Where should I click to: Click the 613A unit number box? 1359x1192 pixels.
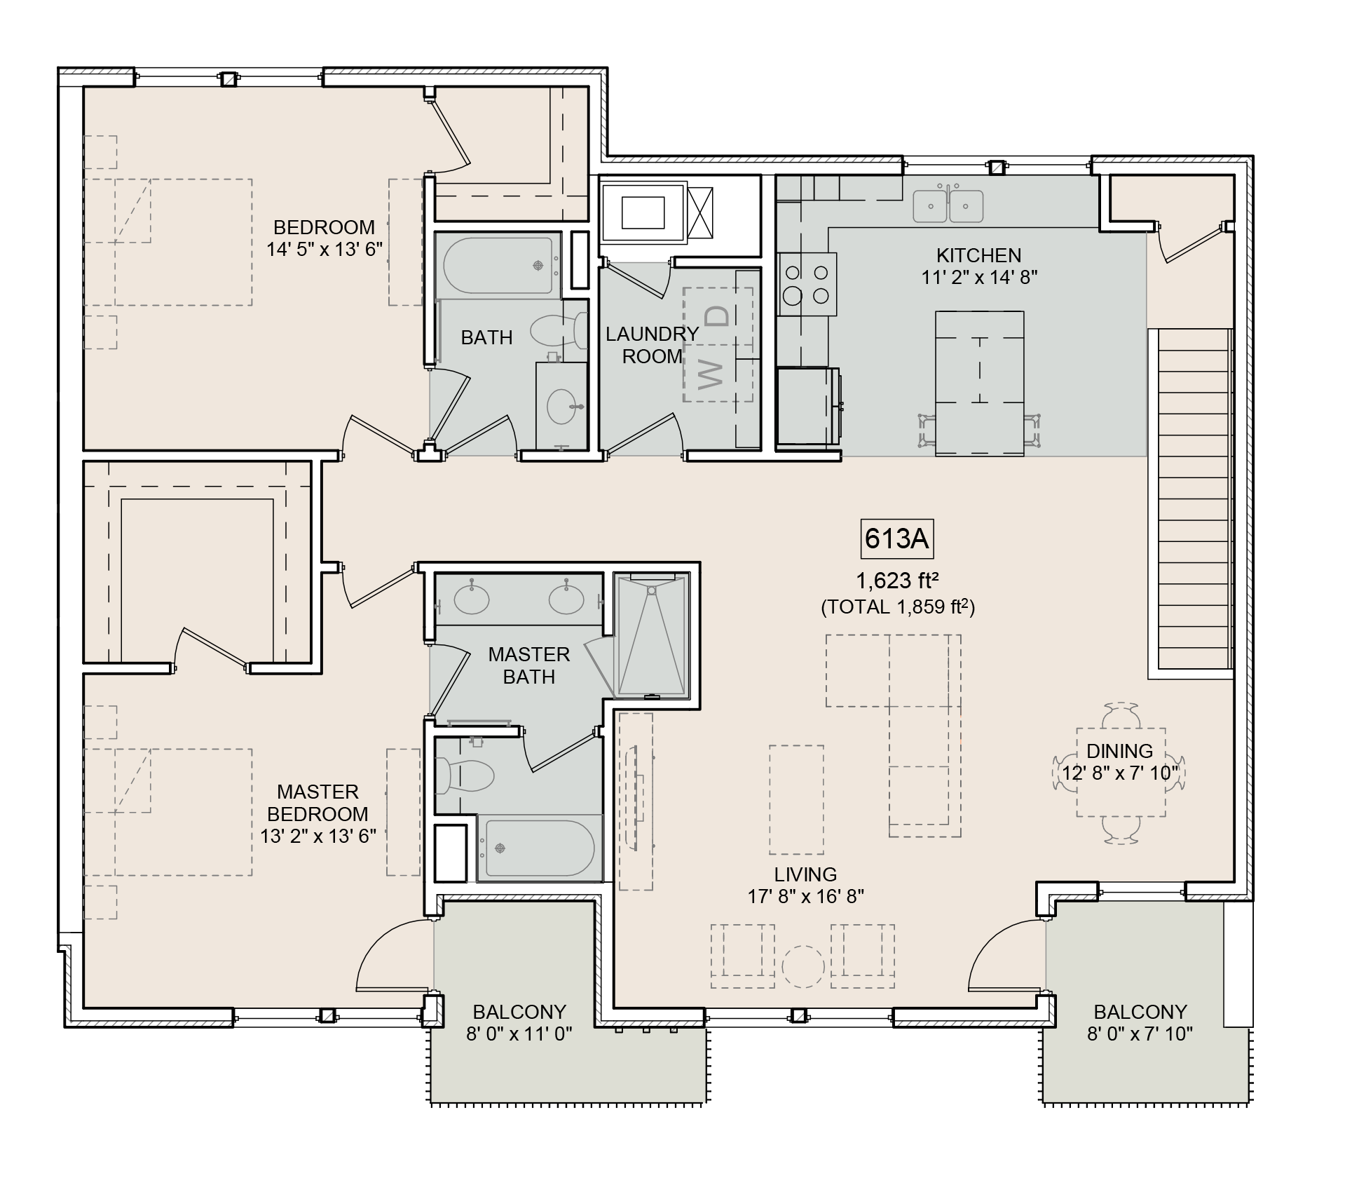coord(896,539)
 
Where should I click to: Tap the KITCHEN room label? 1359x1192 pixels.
coord(978,255)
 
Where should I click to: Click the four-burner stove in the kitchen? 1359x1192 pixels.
coord(808,284)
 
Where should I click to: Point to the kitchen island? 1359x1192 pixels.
coord(979,383)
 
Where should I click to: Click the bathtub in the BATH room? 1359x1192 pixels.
coord(498,266)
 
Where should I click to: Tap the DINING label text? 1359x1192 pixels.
coord(1119,751)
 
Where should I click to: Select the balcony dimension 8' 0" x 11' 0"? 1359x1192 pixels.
coord(519,1034)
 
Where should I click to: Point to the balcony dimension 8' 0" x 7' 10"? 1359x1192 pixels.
coord(1140,1034)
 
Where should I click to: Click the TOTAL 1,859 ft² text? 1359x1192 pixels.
coord(898,607)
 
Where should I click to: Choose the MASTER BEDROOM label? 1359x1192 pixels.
coord(317,803)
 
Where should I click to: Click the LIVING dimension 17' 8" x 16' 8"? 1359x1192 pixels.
coord(805,896)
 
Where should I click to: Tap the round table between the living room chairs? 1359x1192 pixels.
coord(803,967)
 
